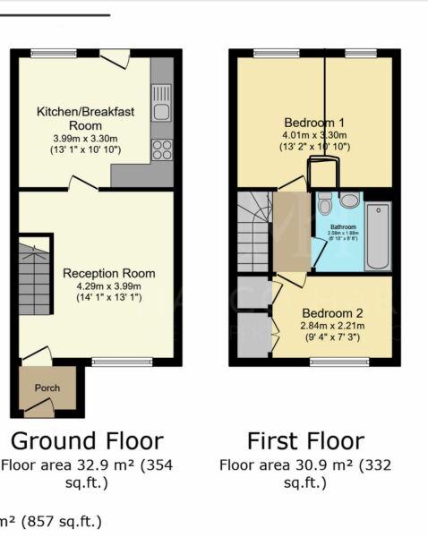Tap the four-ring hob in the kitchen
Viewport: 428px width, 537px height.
(x=161, y=149)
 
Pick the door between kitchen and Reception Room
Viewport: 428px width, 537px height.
(x=84, y=183)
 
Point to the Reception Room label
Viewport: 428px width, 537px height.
(x=108, y=273)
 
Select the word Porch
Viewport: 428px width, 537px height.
(x=47, y=388)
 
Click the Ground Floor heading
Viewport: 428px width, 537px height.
(x=87, y=440)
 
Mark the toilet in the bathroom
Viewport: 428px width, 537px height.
(x=324, y=201)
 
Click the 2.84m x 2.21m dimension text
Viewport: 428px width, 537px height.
(x=331, y=327)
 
